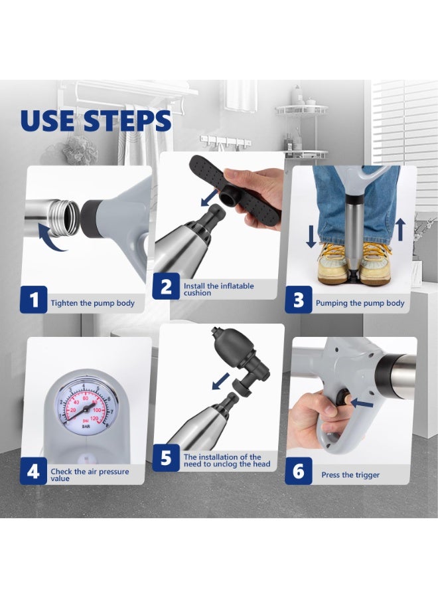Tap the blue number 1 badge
pos(35,300)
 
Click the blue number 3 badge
pos(299,300)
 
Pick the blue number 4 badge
pos(35,472)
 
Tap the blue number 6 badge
pos(299,472)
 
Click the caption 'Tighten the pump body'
pos(93,303)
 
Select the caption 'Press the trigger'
pos(350,475)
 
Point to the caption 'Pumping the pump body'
pos(360,303)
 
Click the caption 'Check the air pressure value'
pos(90,474)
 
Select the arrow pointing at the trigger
pos(364,402)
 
